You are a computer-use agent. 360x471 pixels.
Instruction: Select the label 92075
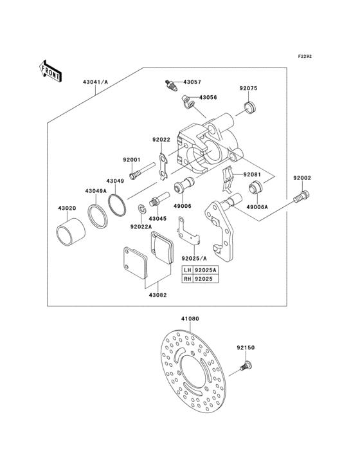[x=249, y=88]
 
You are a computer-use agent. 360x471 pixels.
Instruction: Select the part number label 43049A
[x=96, y=191]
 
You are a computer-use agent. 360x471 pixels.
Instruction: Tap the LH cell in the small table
[x=187, y=270]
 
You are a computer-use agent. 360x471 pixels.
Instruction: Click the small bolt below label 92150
[x=244, y=367]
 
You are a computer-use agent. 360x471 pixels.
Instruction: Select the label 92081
[x=253, y=174]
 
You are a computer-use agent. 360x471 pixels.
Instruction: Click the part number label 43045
[x=158, y=218]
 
